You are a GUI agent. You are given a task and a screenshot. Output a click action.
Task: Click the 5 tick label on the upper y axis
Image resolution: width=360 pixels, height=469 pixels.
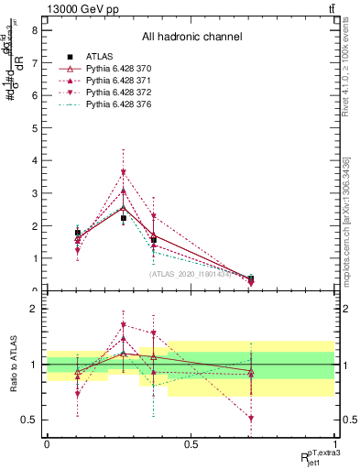pos(34,127)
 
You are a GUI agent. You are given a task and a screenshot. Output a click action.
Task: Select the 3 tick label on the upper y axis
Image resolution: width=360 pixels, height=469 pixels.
pos(34,192)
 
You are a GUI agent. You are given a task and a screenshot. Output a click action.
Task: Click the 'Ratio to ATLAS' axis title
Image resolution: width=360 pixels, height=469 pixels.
pos(12,365)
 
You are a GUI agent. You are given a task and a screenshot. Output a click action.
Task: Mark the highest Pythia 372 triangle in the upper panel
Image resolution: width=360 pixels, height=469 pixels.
pos(124,172)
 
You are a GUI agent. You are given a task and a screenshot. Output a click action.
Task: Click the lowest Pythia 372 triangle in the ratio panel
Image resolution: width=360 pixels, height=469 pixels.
pos(251,419)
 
